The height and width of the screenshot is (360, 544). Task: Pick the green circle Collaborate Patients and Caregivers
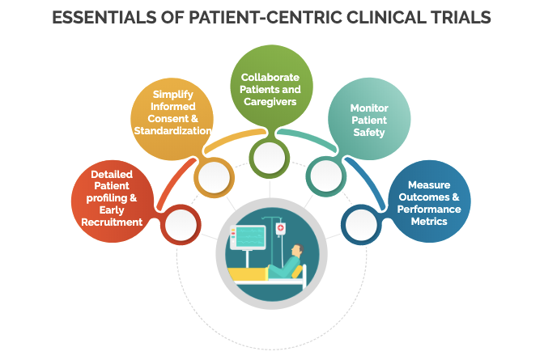point(271,87)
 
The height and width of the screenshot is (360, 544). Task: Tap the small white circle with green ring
point(271,155)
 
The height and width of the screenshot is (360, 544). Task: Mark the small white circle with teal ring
point(326,175)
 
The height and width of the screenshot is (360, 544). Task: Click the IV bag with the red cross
point(281,230)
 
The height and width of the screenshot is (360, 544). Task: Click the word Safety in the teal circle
point(368,133)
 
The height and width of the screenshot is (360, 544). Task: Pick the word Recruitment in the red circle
point(112,222)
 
